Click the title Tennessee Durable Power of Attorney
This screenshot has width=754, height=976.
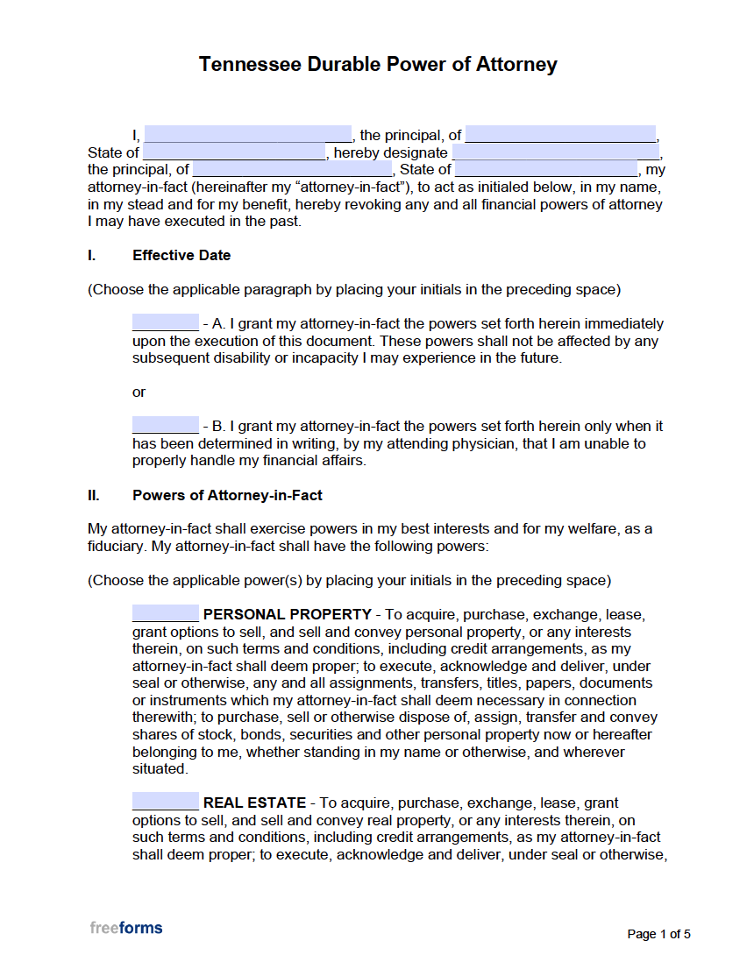click(x=378, y=65)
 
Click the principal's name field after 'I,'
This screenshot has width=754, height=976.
click(x=247, y=135)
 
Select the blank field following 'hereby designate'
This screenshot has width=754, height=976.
click(x=555, y=152)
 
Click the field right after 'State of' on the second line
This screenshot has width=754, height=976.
click(x=233, y=152)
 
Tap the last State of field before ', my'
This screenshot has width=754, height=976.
click(x=546, y=170)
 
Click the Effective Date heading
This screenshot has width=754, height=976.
click(x=181, y=256)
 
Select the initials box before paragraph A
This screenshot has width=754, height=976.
click(x=166, y=323)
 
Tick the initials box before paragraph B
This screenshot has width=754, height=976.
click(x=166, y=426)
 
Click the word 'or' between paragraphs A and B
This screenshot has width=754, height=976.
click(x=139, y=393)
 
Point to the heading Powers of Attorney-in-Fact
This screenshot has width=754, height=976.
click(x=227, y=496)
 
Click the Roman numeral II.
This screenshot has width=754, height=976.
click(x=93, y=496)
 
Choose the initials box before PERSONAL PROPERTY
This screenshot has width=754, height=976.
click(x=166, y=614)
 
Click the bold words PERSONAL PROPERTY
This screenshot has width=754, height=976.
click(x=287, y=615)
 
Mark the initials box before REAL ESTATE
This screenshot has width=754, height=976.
click(x=166, y=803)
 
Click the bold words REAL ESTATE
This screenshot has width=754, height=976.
click(x=254, y=803)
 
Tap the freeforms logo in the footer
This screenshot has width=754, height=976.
click(x=125, y=928)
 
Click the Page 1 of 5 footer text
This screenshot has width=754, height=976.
click(x=658, y=935)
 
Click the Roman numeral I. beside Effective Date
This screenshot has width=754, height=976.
click(x=91, y=256)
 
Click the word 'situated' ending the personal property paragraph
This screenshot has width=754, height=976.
click(x=159, y=769)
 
